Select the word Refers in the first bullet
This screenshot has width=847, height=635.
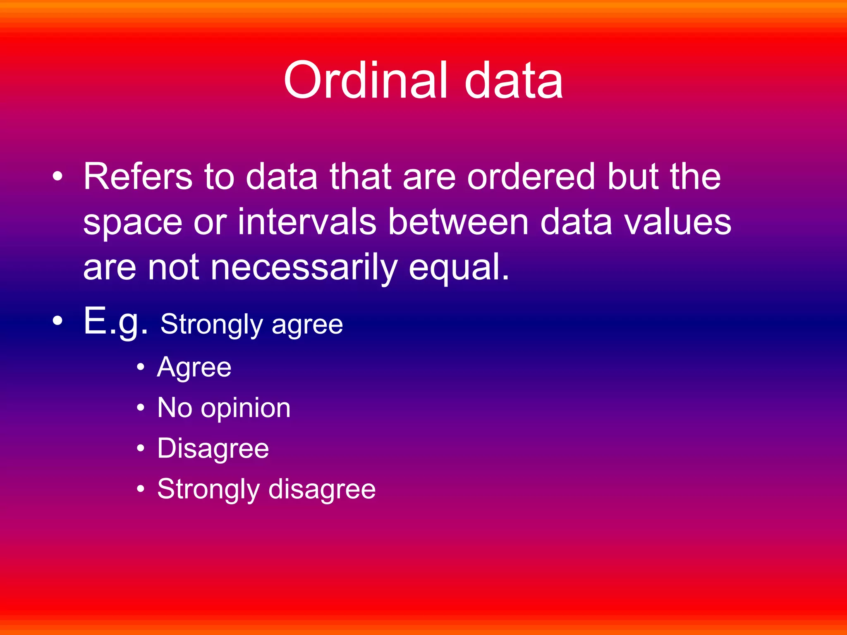point(138,177)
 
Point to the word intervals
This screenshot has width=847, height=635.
point(306,222)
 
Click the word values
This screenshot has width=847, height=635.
point(677,222)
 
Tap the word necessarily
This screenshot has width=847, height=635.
point(304,268)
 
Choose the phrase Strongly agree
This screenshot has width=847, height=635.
point(251,324)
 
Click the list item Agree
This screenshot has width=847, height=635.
point(194,367)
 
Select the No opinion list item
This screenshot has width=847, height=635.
point(224,408)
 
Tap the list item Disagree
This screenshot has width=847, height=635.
point(213,449)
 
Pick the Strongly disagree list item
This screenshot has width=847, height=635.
point(266,489)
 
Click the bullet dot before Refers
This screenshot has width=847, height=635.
point(57,177)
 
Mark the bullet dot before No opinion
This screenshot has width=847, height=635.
point(141,408)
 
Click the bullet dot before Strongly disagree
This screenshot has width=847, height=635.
point(141,489)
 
